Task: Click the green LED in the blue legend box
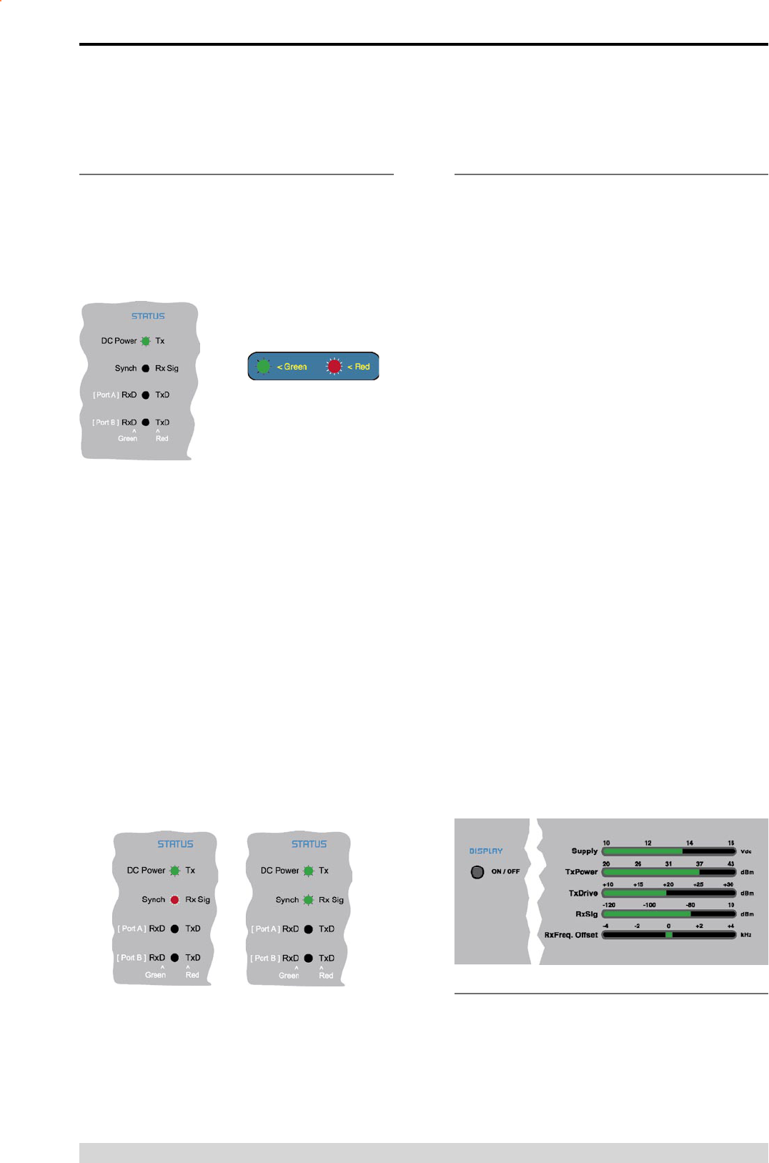click(264, 366)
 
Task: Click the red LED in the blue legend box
click(334, 366)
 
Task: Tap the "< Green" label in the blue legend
click(292, 367)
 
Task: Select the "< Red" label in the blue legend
click(359, 367)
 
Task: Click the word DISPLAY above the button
click(486, 851)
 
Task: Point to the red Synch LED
click(174, 900)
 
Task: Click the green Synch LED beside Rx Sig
click(308, 900)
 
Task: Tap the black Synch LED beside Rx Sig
click(146, 368)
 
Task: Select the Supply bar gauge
click(669, 851)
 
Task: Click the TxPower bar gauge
click(669, 872)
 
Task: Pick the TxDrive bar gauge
click(669, 893)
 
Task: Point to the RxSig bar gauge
click(669, 914)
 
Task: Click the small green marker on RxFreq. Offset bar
click(669, 934)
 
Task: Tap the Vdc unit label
click(746, 851)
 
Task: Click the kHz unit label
click(746, 935)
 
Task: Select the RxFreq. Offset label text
click(571, 935)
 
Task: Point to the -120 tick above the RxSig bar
click(609, 905)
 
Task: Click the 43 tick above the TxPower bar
click(730, 863)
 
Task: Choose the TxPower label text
click(581, 872)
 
